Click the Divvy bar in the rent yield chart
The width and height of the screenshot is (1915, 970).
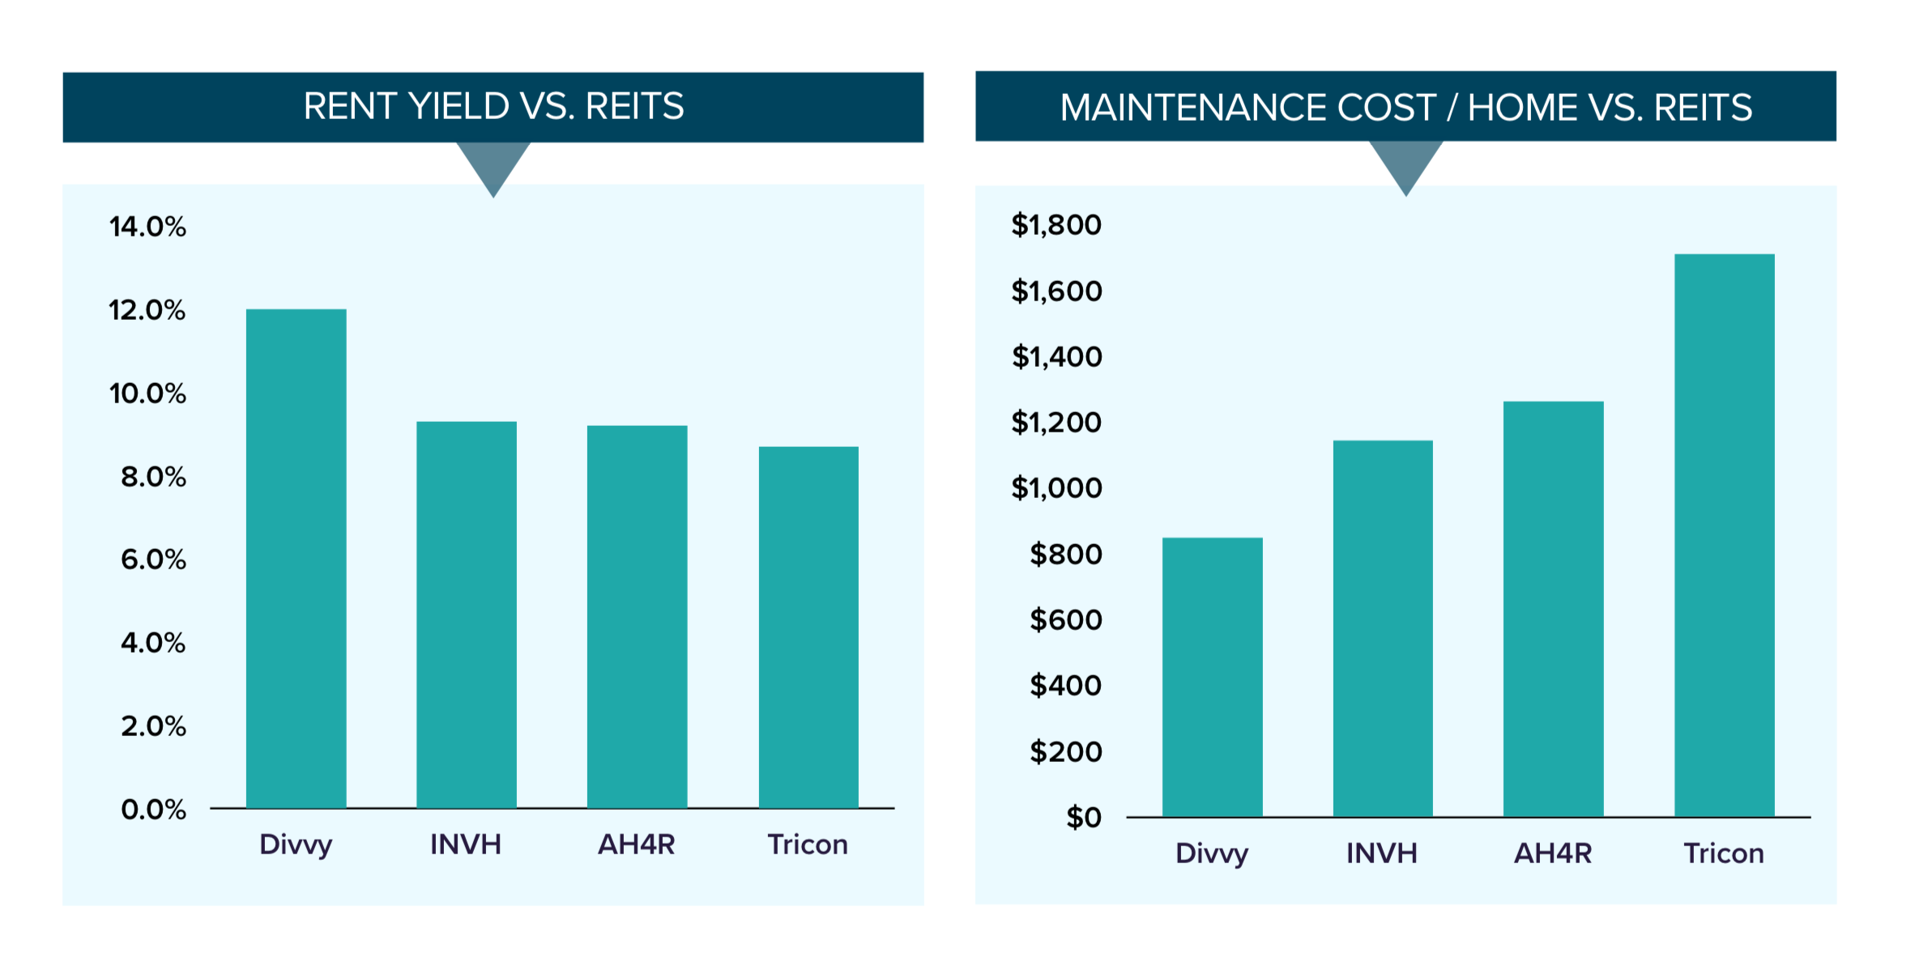(x=296, y=559)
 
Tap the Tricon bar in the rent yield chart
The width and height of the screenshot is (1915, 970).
(x=808, y=627)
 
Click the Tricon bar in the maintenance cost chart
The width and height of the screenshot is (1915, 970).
(x=1724, y=534)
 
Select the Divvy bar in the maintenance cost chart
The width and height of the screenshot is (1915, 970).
(x=1212, y=677)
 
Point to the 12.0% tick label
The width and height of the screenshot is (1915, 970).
(x=147, y=310)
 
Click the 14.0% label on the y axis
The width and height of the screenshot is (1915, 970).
(x=147, y=227)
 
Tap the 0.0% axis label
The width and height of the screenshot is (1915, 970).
(x=153, y=810)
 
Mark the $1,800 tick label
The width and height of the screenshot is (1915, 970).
(x=1056, y=225)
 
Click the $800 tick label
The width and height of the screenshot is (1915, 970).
(x=1065, y=555)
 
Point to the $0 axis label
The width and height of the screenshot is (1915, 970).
(x=1084, y=818)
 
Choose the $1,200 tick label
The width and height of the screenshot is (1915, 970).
(x=1056, y=423)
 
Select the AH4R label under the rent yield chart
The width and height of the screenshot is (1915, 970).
(x=636, y=844)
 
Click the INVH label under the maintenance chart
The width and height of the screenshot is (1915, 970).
(x=1382, y=853)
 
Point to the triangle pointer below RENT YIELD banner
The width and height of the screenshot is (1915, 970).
(x=493, y=166)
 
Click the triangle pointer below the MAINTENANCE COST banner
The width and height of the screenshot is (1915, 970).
(x=1406, y=164)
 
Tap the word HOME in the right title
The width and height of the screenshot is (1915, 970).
(x=1521, y=108)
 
